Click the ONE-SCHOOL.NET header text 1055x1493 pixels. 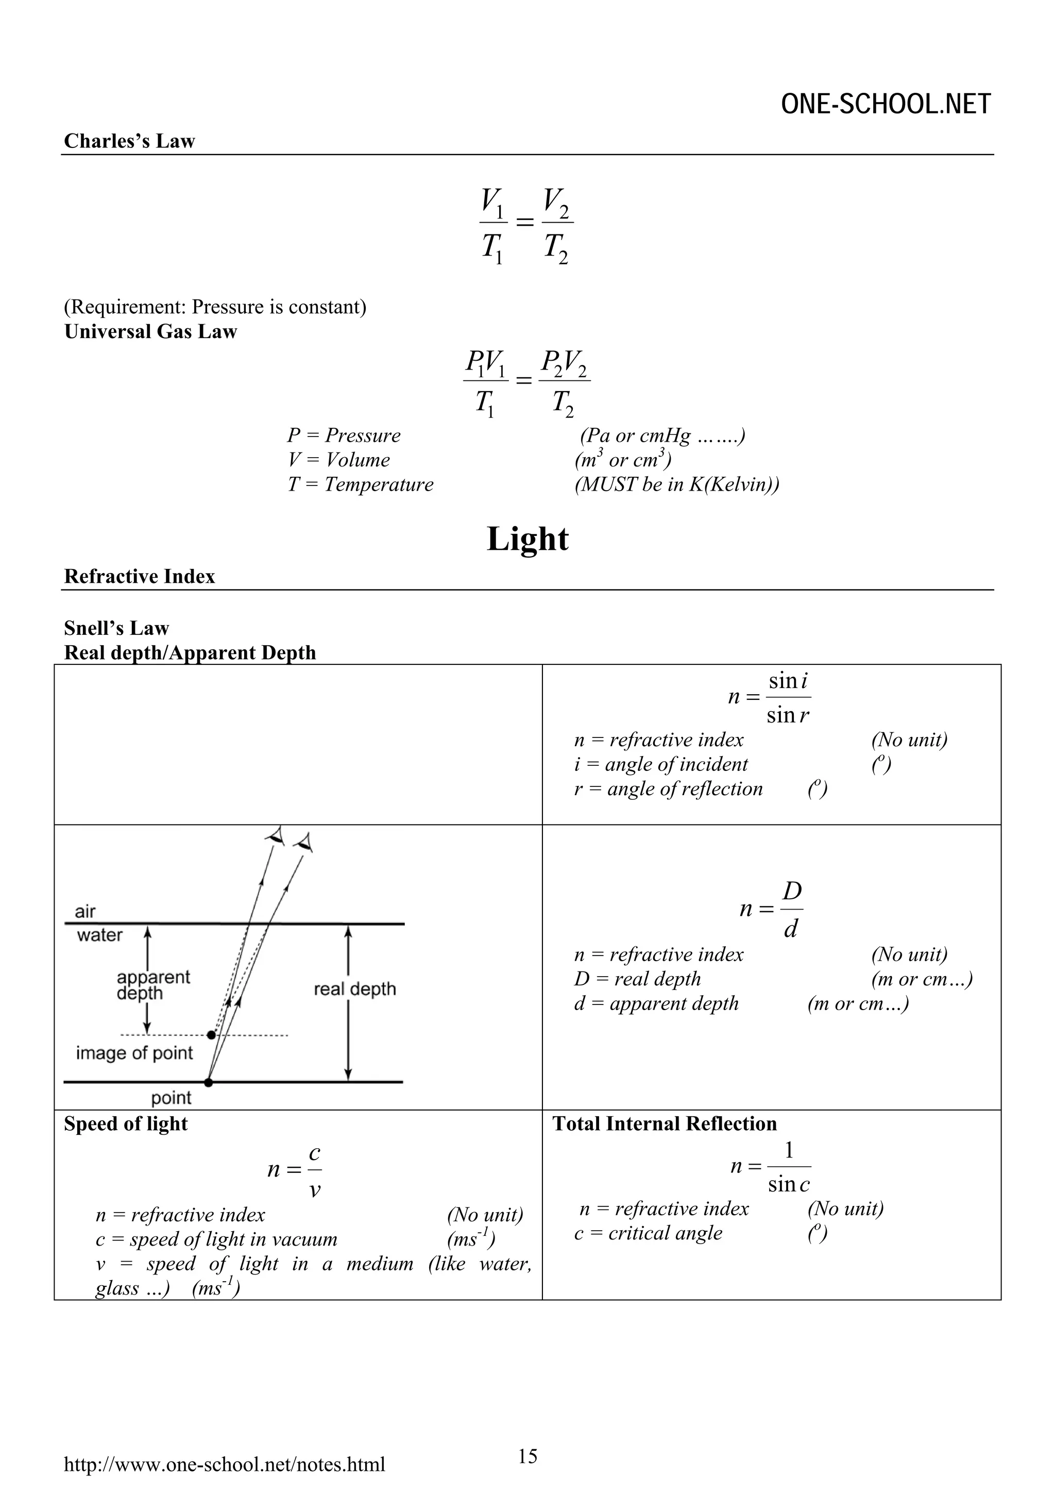click(x=886, y=104)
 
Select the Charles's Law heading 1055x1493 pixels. click(x=129, y=141)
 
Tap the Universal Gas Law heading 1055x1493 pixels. click(x=150, y=331)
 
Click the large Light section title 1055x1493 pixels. click(x=527, y=539)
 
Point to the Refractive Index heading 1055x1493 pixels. click(x=139, y=577)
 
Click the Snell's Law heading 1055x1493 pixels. click(x=116, y=628)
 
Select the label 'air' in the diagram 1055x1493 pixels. click(x=85, y=911)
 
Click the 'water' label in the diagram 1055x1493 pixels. click(x=99, y=935)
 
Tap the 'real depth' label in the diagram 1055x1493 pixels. click(x=354, y=989)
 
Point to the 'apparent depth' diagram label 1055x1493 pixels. click(x=153, y=985)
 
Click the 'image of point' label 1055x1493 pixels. click(x=134, y=1053)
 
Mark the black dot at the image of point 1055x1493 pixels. click(x=211, y=1034)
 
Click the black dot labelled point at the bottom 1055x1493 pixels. click(x=208, y=1083)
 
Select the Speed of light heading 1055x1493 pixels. click(x=126, y=1123)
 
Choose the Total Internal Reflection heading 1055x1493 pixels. click(x=665, y=1123)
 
